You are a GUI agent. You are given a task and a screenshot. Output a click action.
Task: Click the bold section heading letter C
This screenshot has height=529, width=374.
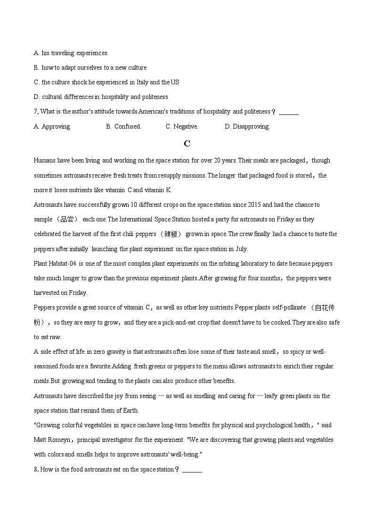click(x=187, y=144)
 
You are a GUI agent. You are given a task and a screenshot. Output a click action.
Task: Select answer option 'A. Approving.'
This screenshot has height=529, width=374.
click(x=52, y=126)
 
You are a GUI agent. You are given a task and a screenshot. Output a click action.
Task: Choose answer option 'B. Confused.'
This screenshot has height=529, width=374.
click(x=123, y=126)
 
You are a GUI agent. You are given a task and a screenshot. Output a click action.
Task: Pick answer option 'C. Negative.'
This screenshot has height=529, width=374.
click(x=182, y=126)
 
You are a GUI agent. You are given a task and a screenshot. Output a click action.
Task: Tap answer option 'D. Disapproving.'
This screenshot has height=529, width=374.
click(x=247, y=126)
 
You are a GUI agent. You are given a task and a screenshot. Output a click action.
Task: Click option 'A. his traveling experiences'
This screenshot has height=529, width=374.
click(x=71, y=53)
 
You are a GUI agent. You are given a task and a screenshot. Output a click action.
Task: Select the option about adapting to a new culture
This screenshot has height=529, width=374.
click(x=90, y=67)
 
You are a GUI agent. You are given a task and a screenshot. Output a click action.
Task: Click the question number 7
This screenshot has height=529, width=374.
click(x=36, y=112)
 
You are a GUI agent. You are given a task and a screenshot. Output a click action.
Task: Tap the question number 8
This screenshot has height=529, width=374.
click(x=36, y=469)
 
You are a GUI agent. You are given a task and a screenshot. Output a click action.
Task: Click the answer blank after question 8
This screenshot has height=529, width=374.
click(x=192, y=470)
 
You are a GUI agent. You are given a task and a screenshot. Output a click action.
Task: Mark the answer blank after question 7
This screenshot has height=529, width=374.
click(x=288, y=112)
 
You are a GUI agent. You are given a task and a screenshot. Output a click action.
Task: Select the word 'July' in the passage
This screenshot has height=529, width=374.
click(x=240, y=249)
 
